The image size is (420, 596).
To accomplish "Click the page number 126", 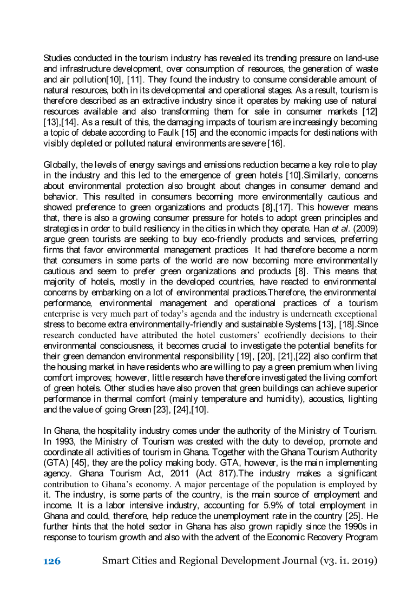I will pos(52,561).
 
